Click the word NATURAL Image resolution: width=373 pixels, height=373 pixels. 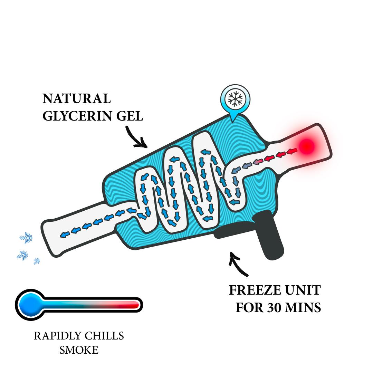(77, 99)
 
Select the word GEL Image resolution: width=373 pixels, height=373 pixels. (129, 116)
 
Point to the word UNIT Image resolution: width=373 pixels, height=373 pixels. (303, 290)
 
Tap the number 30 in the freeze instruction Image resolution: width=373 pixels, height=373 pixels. (274, 307)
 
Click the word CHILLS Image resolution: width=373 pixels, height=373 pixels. (104, 336)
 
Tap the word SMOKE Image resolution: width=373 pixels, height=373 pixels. (79, 350)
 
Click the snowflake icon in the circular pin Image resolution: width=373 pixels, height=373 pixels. (235, 99)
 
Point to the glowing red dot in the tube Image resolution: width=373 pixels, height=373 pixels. (306, 146)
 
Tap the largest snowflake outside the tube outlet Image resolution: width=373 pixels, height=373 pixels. (26, 238)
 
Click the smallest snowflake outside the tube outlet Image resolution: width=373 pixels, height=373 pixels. (37, 261)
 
